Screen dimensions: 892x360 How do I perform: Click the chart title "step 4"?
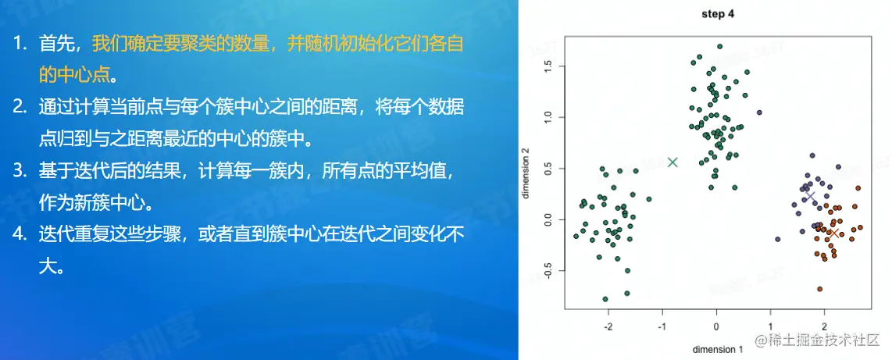point(719,14)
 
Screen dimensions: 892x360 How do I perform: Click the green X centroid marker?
point(673,162)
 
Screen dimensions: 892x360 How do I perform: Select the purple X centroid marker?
point(810,196)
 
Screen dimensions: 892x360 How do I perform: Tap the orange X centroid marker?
point(833,233)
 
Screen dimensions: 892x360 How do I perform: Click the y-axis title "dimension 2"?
point(526,173)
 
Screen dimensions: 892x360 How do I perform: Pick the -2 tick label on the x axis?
point(608,328)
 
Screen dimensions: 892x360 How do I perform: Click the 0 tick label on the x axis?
point(716,328)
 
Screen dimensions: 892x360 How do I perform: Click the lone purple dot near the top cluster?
point(759,112)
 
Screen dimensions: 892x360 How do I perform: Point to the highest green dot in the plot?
point(719,47)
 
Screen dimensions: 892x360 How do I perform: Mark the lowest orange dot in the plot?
point(820,289)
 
